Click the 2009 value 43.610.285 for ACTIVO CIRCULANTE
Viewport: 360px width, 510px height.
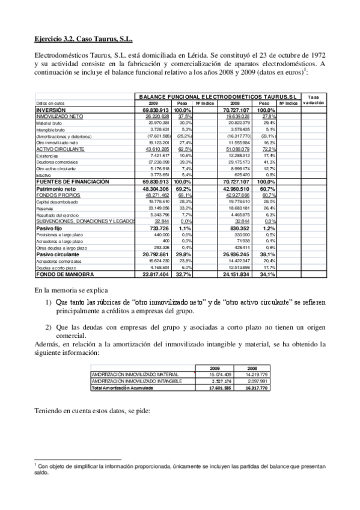tap(159, 149)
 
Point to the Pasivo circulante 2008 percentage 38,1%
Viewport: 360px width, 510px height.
tap(267, 254)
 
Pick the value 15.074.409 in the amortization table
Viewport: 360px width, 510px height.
tap(219, 374)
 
